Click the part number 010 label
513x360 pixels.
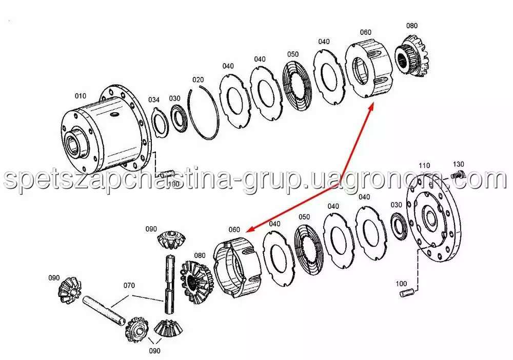point(81,96)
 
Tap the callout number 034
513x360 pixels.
point(154,99)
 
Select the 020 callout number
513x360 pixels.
point(198,79)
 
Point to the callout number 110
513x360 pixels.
point(424,166)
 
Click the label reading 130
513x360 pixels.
point(458,164)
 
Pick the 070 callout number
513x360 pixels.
point(129,286)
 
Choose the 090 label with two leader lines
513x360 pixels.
point(154,351)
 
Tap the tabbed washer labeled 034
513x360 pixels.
point(161,124)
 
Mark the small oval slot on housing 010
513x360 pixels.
point(114,114)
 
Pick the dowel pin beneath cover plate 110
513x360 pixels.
point(408,293)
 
